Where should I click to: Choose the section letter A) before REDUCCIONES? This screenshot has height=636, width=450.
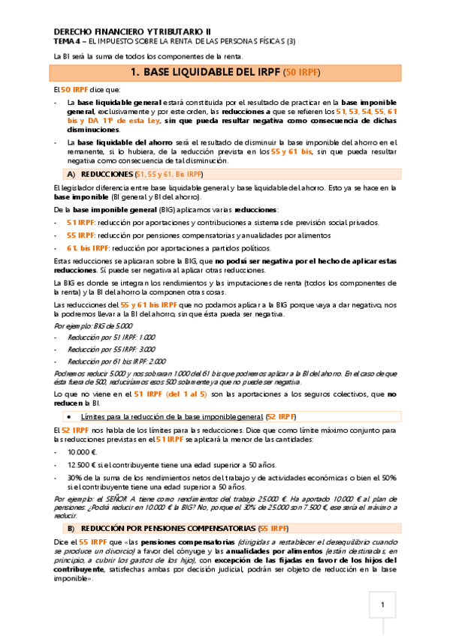click(x=73, y=174)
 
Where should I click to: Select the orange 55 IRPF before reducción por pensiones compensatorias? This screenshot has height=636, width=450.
click(x=80, y=235)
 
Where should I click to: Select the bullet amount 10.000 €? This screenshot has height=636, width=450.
click(x=83, y=452)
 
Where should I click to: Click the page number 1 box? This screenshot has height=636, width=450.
click(x=382, y=605)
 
